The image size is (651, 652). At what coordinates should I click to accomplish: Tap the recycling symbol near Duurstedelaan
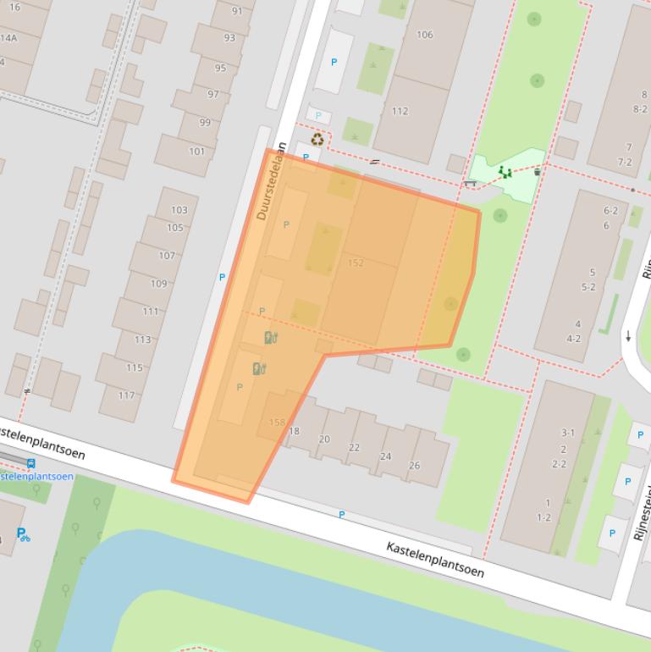pos(317,140)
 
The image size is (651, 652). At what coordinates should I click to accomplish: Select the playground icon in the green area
pos(505,173)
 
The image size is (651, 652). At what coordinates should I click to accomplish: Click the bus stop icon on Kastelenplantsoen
pos(31,463)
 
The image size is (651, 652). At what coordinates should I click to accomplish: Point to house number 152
pos(356,263)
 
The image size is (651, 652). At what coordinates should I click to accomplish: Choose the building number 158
pos(277,423)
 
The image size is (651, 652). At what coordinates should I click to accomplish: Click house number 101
pos(196,152)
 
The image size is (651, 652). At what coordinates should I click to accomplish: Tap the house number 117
pos(126,395)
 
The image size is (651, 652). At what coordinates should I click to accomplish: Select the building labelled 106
pos(425,35)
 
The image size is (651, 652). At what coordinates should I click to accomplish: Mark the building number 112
pos(400,111)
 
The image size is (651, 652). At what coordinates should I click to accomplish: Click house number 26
pos(414,465)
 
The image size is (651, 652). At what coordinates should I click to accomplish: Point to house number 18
pos(295,431)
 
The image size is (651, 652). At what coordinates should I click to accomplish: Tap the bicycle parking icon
pos(23,534)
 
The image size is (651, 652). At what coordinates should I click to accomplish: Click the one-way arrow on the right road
pos(628,336)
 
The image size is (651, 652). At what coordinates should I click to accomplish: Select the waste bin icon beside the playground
pos(538,172)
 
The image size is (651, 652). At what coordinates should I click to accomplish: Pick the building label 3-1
pos(567,433)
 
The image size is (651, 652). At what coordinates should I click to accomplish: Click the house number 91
pos(236,11)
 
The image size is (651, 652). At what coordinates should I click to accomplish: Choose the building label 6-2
pos(610,211)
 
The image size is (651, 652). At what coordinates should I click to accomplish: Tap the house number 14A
pos(8,38)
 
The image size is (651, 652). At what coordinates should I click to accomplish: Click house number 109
pos(159,284)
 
